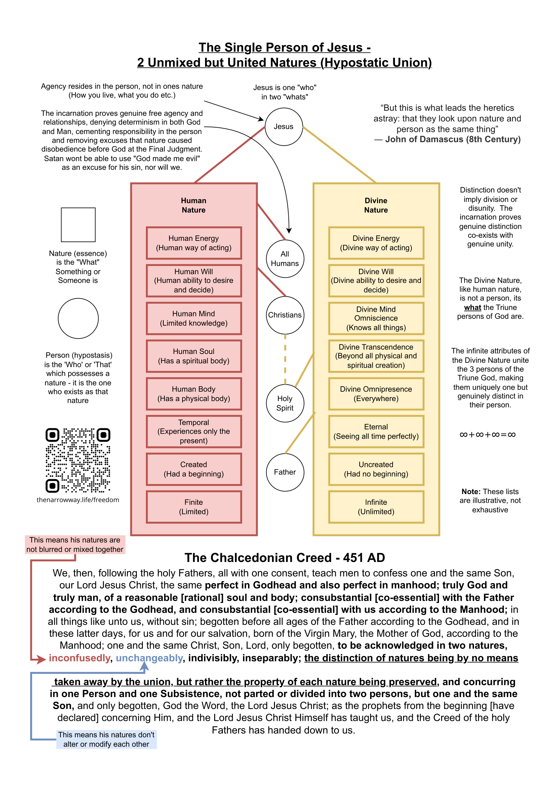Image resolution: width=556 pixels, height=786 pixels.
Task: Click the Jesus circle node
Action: tap(284, 127)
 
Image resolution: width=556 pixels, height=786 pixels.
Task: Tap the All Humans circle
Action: tap(285, 259)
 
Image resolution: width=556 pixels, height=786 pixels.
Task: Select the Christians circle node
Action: tap(285, 315)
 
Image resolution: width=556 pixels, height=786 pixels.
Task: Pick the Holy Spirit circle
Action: tap(285, 403)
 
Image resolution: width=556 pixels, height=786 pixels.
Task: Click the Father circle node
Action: tap(285, 472)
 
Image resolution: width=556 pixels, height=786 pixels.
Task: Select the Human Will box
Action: tap(194, 281)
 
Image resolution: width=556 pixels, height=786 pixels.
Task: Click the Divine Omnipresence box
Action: tap(376, 394)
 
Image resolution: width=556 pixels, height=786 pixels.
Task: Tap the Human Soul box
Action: tap(194, 356)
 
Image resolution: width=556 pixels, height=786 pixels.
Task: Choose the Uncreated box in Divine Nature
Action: tap(376, 469)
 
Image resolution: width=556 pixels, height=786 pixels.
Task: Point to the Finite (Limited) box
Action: tap(194, 507)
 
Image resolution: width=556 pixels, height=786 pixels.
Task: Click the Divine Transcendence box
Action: tap(376, 356)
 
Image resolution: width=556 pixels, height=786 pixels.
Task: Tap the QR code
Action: tap(78, 460)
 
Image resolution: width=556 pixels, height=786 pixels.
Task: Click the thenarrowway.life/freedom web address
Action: tap(78, 500)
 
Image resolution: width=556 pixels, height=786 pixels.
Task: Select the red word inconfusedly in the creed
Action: tap(79, 658)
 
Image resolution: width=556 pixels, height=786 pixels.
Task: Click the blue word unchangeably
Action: tap(149, 658)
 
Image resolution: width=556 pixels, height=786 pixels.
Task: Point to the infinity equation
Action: tap(487, 435)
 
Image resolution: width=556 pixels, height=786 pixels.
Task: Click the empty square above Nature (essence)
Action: tap(78, 225)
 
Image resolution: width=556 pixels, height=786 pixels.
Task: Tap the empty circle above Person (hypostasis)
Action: tap(78, 318)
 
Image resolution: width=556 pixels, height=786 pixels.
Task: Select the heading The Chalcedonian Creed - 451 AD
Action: tap(285, 558)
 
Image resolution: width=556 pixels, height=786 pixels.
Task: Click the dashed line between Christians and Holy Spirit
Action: tap(285, 359)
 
